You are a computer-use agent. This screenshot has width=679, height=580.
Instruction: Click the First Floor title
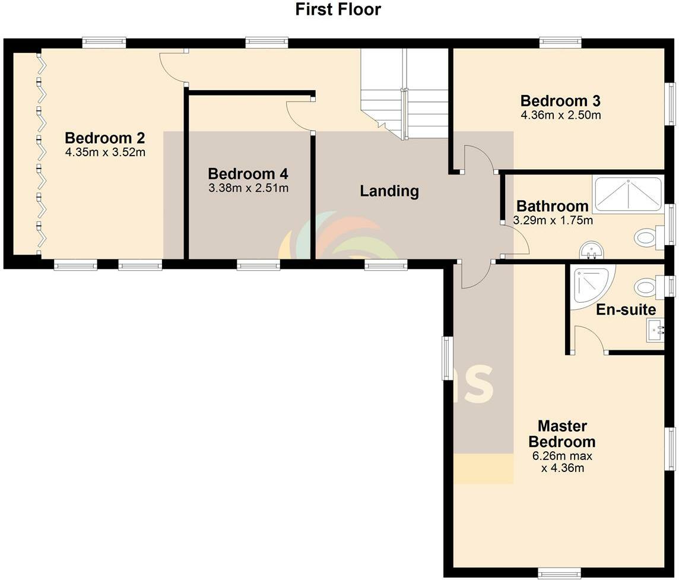(338, 9)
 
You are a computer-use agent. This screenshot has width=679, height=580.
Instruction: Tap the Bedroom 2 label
(105, 138)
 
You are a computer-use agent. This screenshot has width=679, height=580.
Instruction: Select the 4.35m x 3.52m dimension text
(105, 152)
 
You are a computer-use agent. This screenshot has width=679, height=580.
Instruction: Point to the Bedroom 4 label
(248, 174)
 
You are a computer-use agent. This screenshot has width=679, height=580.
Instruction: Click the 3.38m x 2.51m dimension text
(248, 189)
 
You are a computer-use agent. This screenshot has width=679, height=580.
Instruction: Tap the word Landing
(389, 191)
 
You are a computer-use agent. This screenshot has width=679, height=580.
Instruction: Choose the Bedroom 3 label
(560, 100)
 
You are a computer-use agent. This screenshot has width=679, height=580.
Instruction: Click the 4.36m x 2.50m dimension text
(560, 115)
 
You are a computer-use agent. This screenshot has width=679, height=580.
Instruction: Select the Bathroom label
(553, 207)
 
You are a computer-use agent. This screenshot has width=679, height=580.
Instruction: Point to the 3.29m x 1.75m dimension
(553, 220)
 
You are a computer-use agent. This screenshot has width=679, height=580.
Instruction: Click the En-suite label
(626, 309)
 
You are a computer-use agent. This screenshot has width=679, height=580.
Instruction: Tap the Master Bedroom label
(562, 434)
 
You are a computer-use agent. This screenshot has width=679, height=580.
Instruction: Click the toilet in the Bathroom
(649, 238)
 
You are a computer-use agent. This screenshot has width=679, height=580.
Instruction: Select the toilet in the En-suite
(649, 287)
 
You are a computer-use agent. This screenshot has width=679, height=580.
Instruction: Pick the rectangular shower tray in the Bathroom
(628, 194)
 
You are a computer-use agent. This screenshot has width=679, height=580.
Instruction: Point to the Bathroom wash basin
(591, 251)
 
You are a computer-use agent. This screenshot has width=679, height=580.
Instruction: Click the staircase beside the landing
(405, 93)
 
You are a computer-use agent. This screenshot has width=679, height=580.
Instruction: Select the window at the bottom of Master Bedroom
(560, 573)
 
